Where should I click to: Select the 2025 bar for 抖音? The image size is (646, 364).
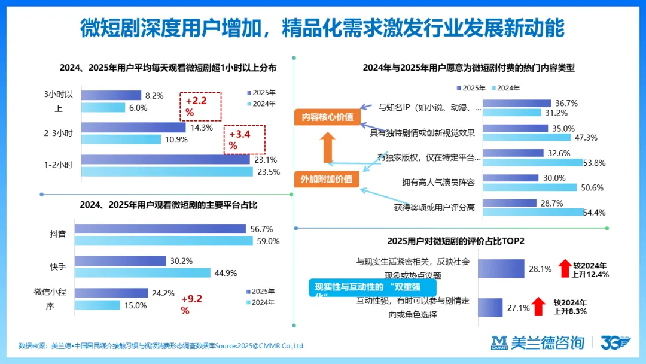pyautogui.click(x=160, y=229)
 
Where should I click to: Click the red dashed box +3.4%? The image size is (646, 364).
pyautogui.click(x=245, y=140)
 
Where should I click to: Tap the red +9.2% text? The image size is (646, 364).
pyautogui.click(x=194, y=304)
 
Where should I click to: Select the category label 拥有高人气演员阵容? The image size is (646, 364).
pyautogui.click(x=438, y=182)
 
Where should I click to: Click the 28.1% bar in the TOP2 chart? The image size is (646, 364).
pyautogui.click(x=501, y=269)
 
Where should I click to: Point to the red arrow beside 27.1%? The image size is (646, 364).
pyautogui.click(x=539, y=307)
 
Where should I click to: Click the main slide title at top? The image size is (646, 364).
pyautogui.click(x=323, y=27)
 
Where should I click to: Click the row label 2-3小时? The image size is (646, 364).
pyautogui.click(x=58, y=133)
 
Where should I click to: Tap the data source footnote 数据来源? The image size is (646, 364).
pyautogui.click(x=161, y=346)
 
